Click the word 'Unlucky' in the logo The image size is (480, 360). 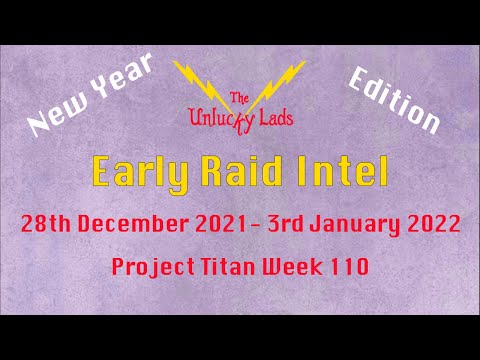point(223,119)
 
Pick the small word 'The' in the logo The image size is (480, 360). point(240,97)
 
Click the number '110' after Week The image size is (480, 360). point(346,268)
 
